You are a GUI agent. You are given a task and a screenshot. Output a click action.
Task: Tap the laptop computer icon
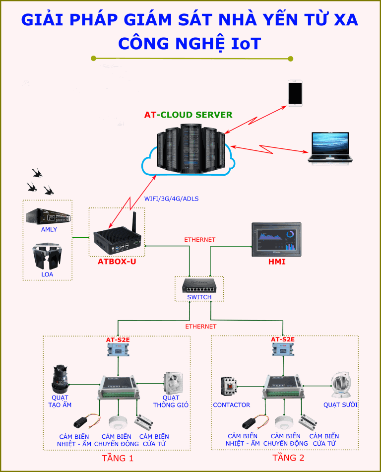point(330,147)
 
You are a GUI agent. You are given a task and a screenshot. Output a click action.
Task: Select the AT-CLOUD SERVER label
point(189,115)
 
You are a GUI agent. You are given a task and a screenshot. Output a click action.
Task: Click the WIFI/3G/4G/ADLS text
point(171,199)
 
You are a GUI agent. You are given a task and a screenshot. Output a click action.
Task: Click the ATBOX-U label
point(117,261)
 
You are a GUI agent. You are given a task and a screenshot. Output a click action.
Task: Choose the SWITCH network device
point(199,285)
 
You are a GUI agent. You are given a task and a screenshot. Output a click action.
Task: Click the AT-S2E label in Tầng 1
point(118,340)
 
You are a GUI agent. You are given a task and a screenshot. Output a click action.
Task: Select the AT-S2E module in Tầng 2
point(282,349)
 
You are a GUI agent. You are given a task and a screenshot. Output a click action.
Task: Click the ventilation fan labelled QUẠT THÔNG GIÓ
point(173,383)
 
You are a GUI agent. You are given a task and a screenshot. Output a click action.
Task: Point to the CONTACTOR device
point(229,388)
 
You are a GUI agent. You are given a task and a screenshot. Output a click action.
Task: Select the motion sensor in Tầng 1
point(119,422)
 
